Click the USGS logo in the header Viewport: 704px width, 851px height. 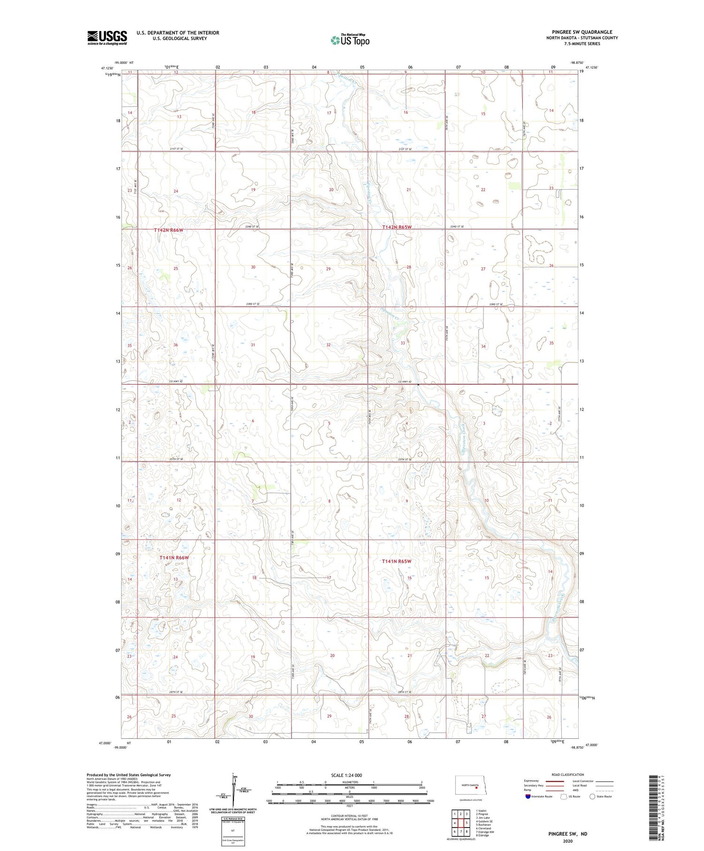point(107,38)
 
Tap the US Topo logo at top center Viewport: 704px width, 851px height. point(350,40)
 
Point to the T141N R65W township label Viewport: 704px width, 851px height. point(397,561)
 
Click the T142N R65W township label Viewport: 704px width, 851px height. point(397,227)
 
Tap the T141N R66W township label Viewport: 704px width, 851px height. point(174,558)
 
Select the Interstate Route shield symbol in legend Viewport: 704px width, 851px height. point(528,797)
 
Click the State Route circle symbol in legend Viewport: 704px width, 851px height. point(592,797)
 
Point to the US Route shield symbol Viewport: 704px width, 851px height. point(564,797)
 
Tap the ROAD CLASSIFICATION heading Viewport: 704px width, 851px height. point(568,774)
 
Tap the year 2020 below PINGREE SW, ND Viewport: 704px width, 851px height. point(567,841)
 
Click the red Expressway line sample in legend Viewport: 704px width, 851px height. point(555,781)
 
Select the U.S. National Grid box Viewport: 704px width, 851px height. point(233,831)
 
